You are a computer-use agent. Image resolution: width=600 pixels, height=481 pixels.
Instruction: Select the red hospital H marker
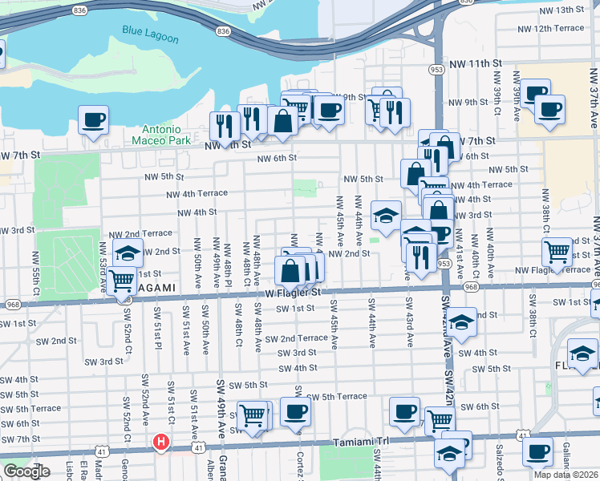(161, 442)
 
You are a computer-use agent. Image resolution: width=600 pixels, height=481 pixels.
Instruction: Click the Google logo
(26, 471)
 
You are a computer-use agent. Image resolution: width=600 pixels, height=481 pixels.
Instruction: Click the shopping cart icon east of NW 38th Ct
(557, 253)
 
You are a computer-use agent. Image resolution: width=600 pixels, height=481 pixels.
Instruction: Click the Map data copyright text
(566, 475)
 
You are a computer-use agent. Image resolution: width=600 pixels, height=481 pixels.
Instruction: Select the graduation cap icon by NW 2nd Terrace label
(128, 253)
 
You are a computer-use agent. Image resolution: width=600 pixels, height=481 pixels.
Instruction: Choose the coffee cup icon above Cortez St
(295, 412)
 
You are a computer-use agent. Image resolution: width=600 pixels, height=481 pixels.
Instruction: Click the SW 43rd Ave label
(409, 314)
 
